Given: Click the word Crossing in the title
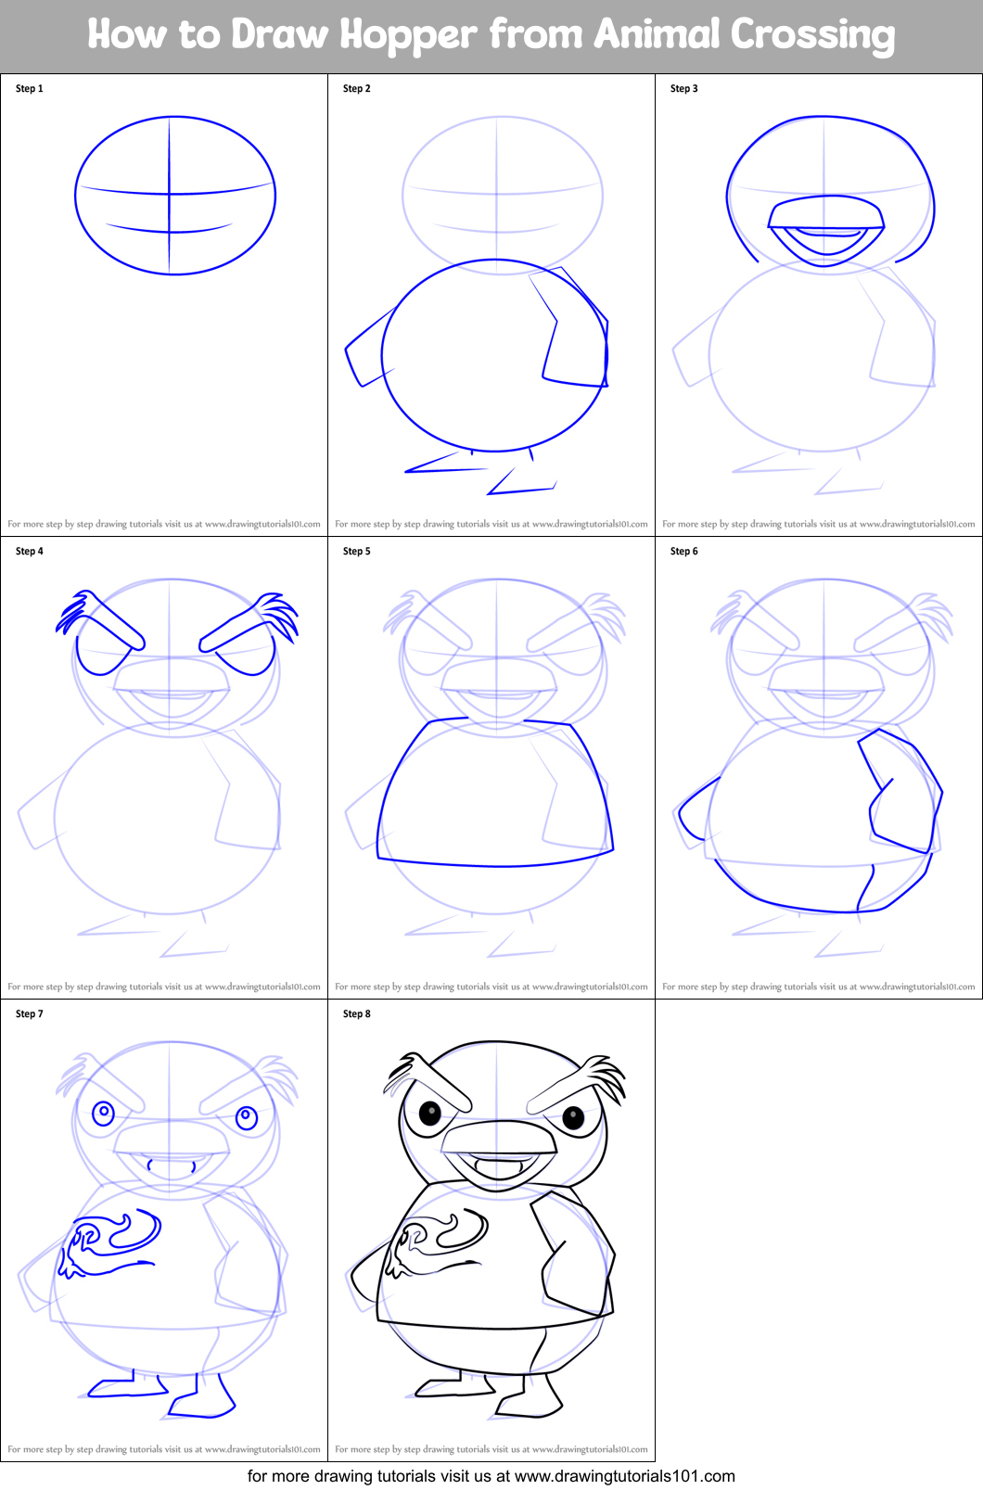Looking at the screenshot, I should point(811,35).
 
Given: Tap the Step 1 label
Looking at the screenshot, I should point(30,89).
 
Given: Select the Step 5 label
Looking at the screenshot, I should point(357,552).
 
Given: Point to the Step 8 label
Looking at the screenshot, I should point(357,1014).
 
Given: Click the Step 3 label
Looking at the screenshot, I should point(684,89).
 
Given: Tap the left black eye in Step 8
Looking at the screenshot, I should point(430,1113).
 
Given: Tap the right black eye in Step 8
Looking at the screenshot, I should point(573,1118).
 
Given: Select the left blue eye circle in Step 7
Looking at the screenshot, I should point(103,1112).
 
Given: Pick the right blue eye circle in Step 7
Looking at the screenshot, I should point(247,1117).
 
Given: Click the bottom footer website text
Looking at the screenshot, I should point(491,1476).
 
